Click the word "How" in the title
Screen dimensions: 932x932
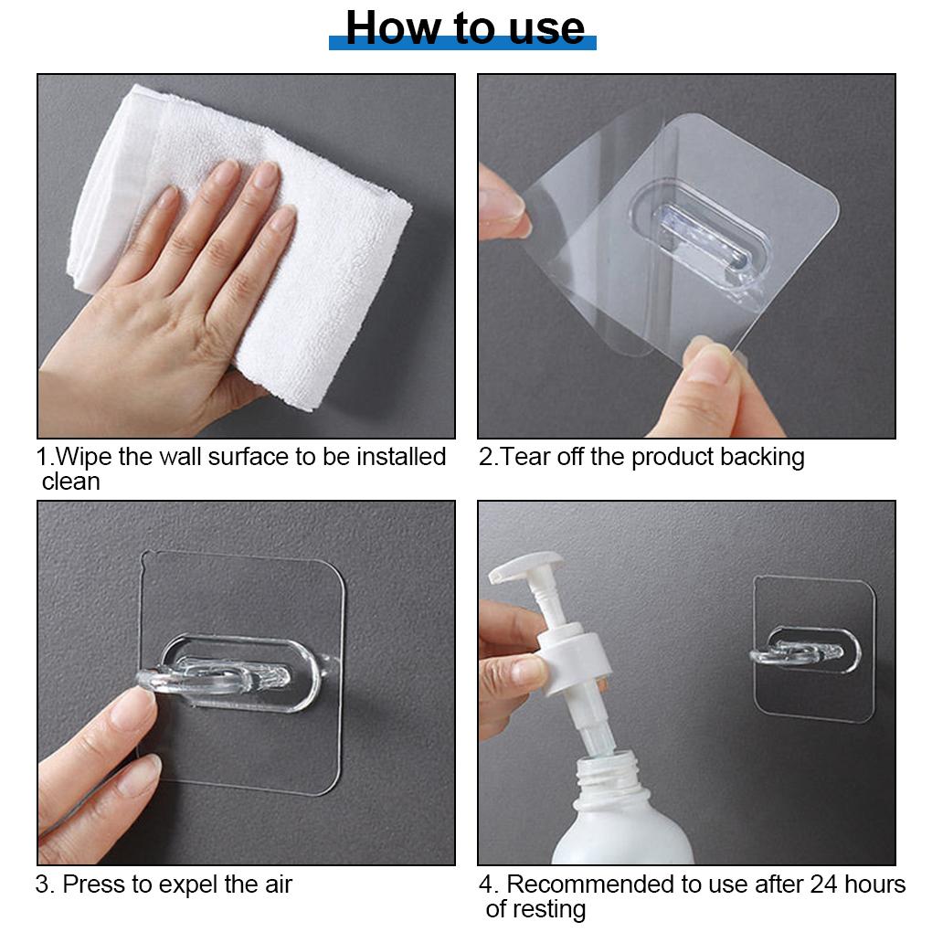coord(394,28)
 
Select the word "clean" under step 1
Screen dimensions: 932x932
coord(70,482)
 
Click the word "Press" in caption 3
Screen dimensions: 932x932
coord(94,884)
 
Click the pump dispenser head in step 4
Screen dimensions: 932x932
coord(525,566)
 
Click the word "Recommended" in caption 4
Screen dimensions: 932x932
coord(590,884)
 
